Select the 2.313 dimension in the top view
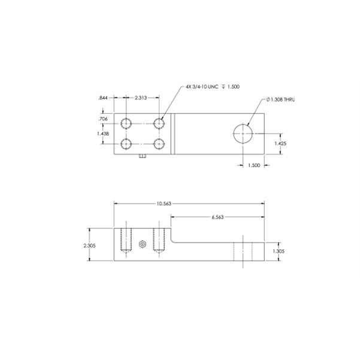[142, 97]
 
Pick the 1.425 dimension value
[280, 144]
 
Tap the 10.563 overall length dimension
[164, 204]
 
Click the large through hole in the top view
[242, 132]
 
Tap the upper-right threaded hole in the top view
[159, 123]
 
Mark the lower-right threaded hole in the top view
[159, 144]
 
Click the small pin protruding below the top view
[143, 158]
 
